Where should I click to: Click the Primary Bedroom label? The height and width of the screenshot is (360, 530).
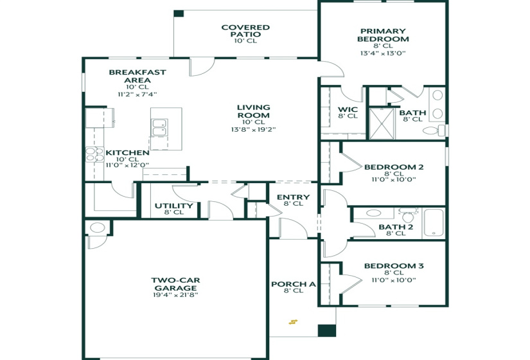pyautogui.click(x=383, y=35)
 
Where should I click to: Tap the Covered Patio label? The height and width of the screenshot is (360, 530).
pyautogui.click(x=245, y=31)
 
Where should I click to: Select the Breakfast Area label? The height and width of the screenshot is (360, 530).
pyautogui.click(x=137, y=76)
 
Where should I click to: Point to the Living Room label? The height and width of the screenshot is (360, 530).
pyautogui.click(x=253, y=111)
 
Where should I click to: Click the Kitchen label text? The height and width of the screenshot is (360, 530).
pyautogui.click(x=127, y=153)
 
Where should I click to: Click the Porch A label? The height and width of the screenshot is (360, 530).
pyautogui.click(x=293, y=284)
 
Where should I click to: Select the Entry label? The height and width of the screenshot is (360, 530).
pyautogui.click(x=293, y=197)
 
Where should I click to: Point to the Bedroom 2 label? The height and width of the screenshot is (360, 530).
pyautogui.click(x=393, y=167)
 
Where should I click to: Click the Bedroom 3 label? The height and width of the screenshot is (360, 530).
pyautogui.click(x=393, y=266)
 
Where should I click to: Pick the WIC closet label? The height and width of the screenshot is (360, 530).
pyautogui.click(x=348, y=109)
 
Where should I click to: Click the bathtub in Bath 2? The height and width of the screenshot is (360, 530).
pyautogui.click(x=434, y=222)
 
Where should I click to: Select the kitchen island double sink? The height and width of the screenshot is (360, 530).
pyautogui.click(x=158, y=127)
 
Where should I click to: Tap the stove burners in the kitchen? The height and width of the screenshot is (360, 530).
pyautogui.click(x=94, y=154)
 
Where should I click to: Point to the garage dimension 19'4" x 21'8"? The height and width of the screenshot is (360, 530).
pyautogui.click(x=175, y=295)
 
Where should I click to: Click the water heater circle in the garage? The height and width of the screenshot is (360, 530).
pyautogui.click(x=98, y=228)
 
